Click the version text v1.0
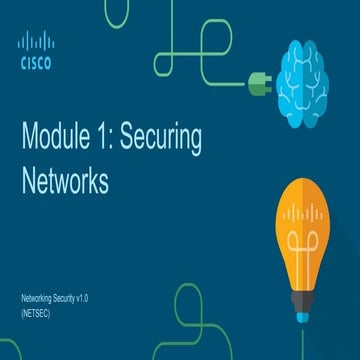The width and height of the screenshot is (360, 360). [x=100, y=299]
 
